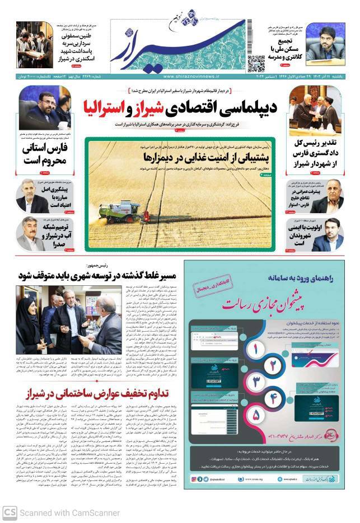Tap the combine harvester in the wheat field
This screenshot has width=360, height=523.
(111, 211)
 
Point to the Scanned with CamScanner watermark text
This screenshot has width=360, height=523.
(69, 512)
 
